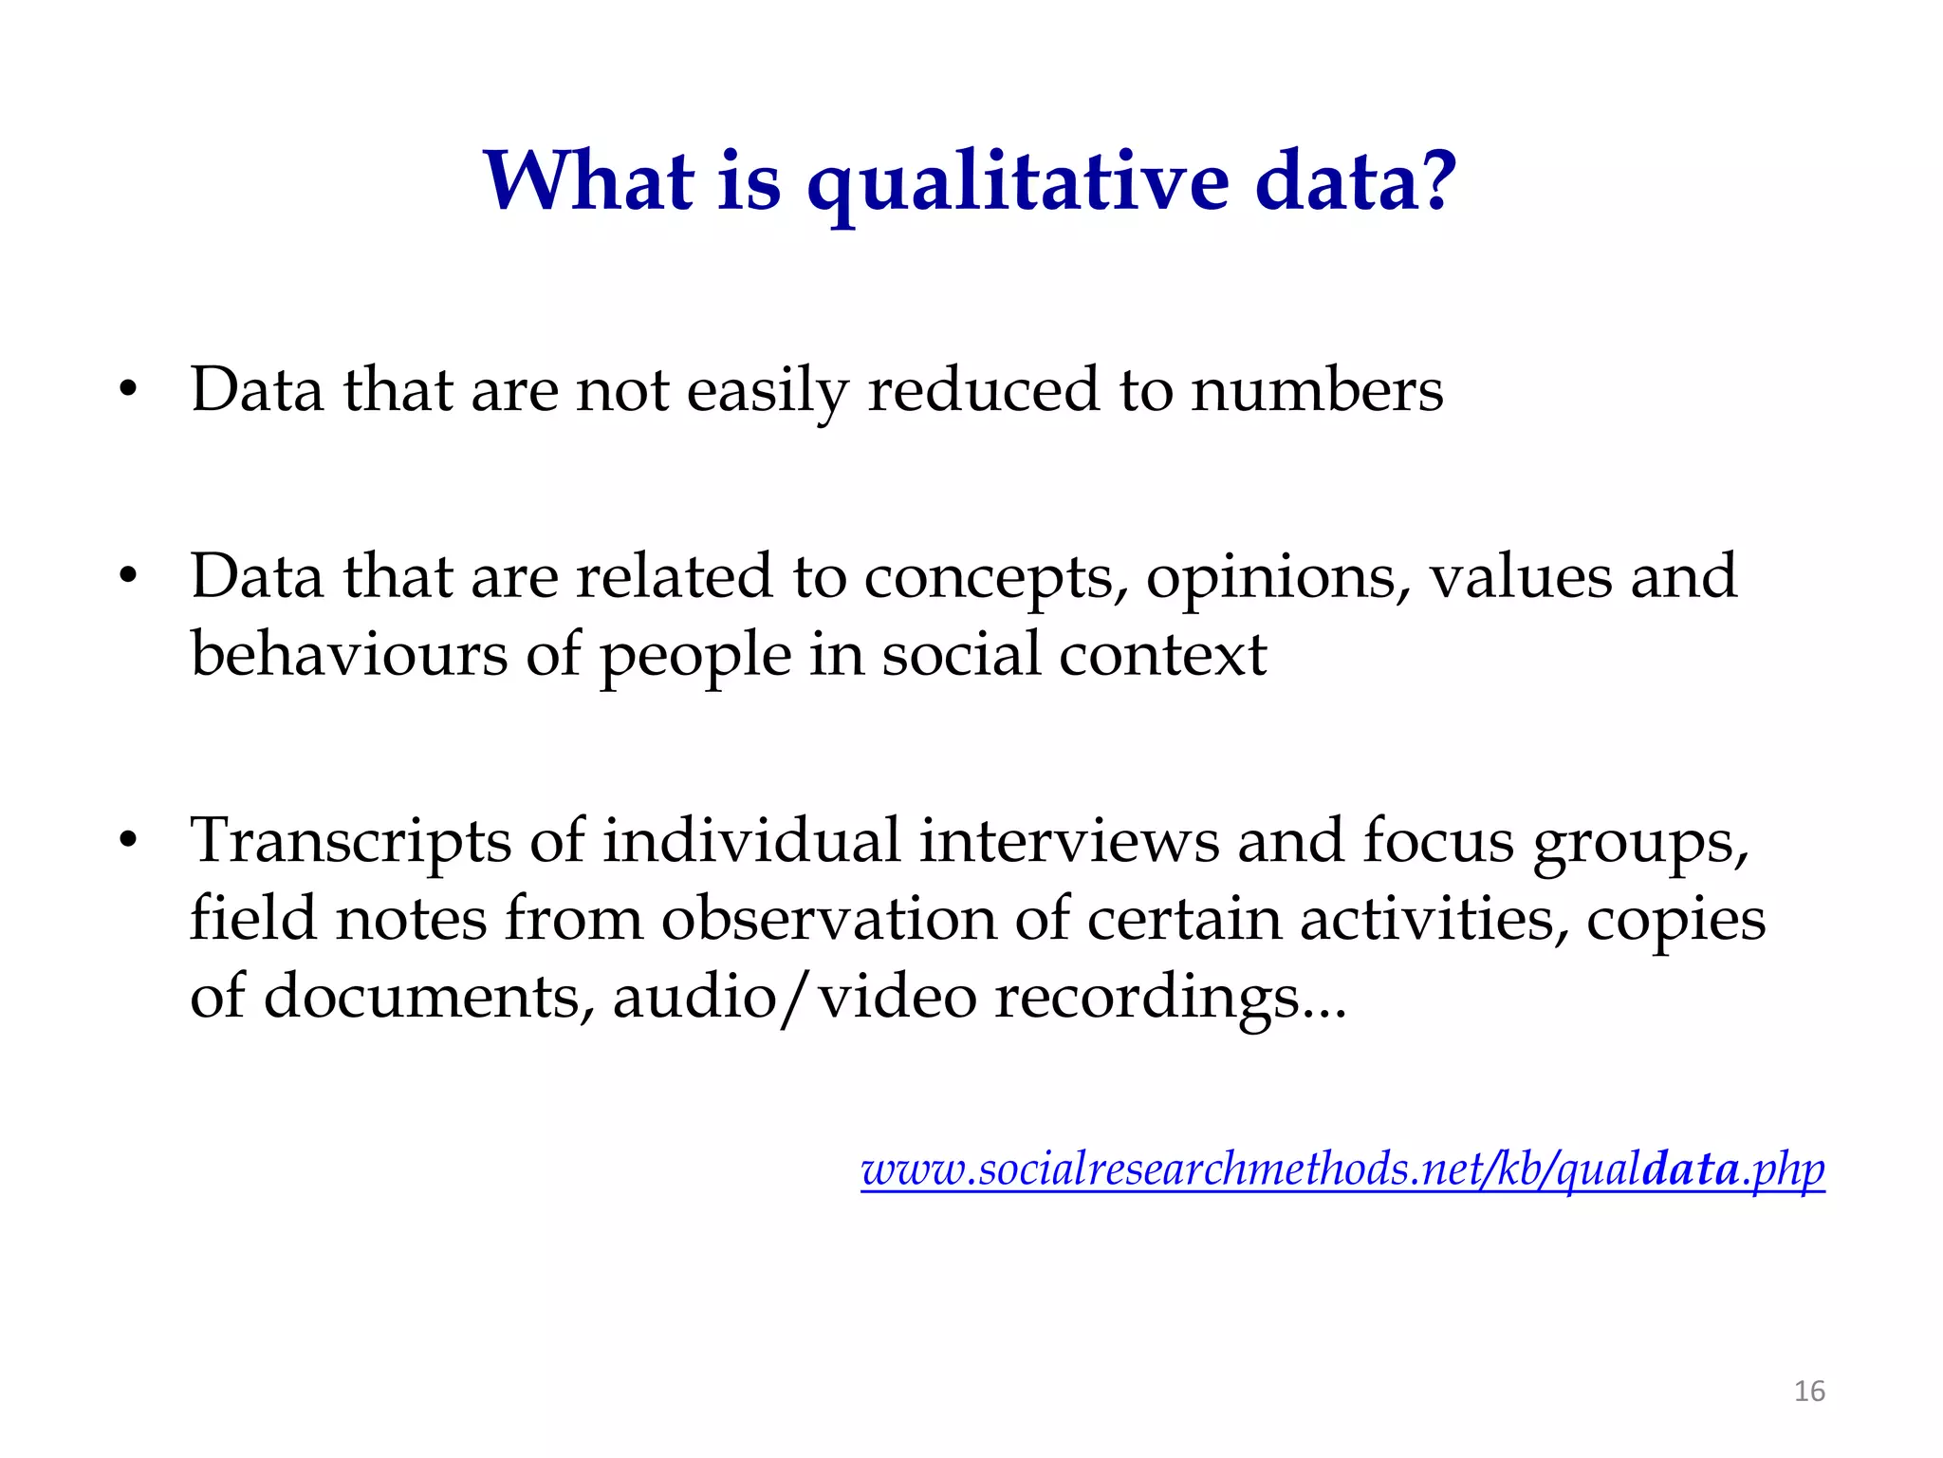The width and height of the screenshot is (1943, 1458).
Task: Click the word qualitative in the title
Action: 1017,182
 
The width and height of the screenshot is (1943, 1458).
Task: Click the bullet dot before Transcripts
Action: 129,841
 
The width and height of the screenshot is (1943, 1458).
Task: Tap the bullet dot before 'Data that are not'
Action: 129,390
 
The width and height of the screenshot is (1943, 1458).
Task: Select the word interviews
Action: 1068,841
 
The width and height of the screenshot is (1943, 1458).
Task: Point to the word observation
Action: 828,919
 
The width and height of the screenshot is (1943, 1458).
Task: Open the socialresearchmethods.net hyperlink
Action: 1342,1168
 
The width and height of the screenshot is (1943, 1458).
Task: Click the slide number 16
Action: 1809,1392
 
